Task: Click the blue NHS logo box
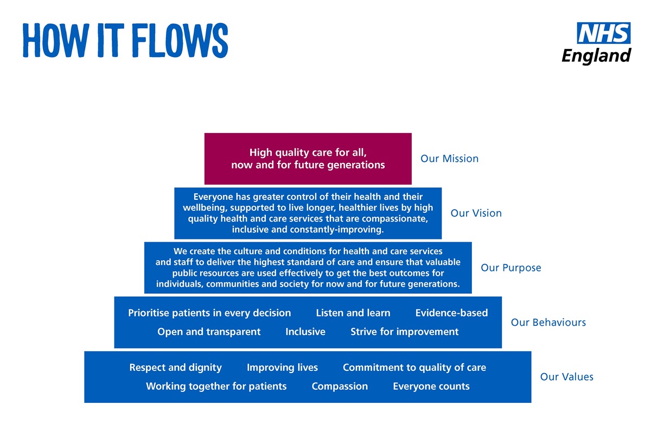pos(604,33)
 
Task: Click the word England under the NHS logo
pos(596,56)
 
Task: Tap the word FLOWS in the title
pos(180,41)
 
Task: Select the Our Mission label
pos(449,159)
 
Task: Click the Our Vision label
pos(476,213)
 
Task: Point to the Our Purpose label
pos(511,268)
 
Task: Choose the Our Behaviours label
pos(548,323)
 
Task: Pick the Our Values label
pos(566,377)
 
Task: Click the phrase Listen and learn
pos(353,313)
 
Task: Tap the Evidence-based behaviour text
pos(452,313)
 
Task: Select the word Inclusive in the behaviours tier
pos(305,332)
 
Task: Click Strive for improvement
pos(405,332)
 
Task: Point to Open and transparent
pos(209,332)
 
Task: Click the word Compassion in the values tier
pos(340,386)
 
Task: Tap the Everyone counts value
pos(431,386)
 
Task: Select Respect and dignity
pos(175,368)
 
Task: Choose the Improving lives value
pos(282,368)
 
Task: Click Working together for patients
pos(216,386)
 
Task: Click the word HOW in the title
pos(56,41)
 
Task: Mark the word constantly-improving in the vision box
pos(337,230)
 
